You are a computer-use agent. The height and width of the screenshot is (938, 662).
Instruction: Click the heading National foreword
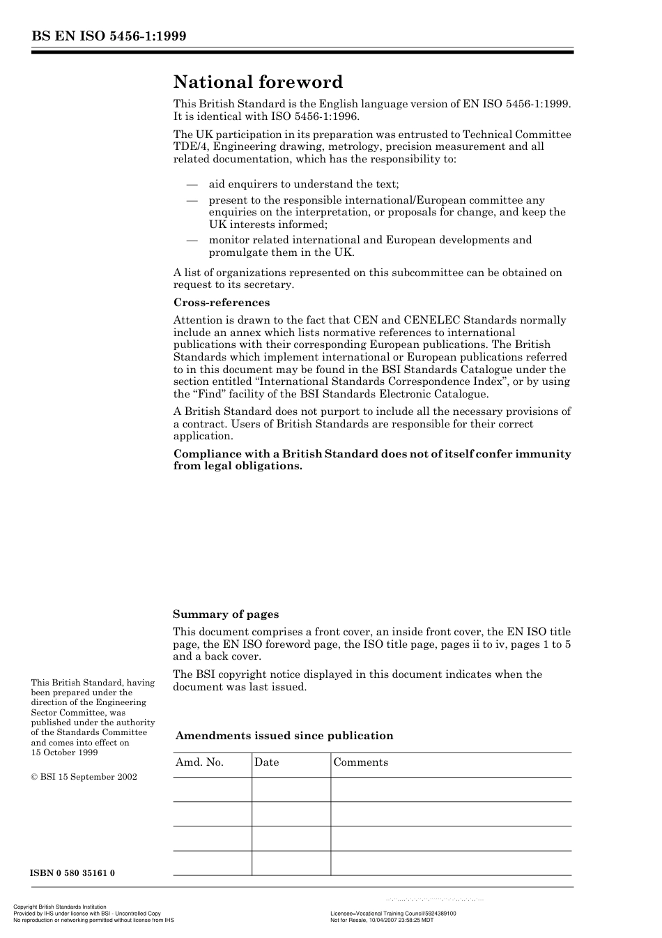(x=258, y=82)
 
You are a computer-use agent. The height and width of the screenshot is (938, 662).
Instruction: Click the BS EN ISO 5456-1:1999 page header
(x=108, y=36)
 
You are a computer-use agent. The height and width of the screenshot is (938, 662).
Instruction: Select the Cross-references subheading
(x=221, y=303)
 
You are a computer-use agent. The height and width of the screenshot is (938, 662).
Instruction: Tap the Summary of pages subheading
(x=225, y=614)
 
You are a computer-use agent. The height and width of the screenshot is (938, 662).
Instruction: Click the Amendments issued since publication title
(x=284, y=736)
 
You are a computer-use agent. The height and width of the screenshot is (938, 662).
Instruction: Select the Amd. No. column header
(x=199, y=762)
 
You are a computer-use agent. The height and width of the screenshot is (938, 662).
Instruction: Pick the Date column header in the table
(x=266, y=762)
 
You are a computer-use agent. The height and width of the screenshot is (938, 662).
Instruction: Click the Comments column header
(x=360, y=762)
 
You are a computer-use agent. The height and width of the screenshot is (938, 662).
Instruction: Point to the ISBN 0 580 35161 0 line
(x=72, y=873)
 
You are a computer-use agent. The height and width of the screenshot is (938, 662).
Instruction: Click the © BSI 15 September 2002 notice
(x=84, y=777)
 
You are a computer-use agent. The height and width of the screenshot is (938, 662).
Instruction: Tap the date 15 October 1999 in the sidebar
(x=64, y=752)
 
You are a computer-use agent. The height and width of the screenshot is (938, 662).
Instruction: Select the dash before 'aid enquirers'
(x=192, y=184)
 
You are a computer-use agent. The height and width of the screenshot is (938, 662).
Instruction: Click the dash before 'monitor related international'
(x=192, y=240)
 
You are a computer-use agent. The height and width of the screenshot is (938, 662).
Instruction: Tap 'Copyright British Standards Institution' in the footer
(x=60, y=907)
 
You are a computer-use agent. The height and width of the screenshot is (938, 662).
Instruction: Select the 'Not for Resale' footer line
(x=381, y=920)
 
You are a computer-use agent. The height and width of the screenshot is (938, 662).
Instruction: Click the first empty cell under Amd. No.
(x=212, y=789)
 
